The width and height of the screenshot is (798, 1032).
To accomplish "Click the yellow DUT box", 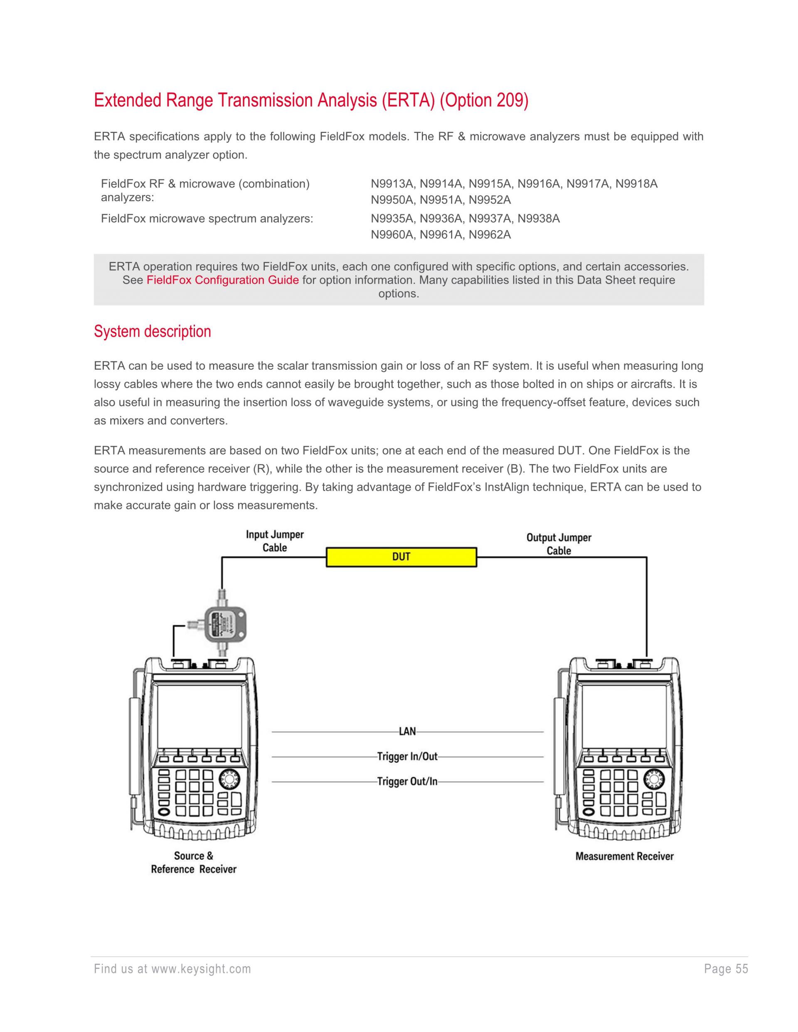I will pos(401,557).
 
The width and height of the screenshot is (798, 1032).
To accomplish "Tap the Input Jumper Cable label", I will pos(275,541).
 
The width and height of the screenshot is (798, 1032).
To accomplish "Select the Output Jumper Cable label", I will pos(559,544).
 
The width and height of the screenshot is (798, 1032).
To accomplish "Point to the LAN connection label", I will pos(407,732).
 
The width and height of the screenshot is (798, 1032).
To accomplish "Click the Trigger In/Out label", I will pos(407,757).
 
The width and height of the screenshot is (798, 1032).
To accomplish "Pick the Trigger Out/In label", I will pos(407,781).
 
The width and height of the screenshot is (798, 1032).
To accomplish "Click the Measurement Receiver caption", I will pos(624,856).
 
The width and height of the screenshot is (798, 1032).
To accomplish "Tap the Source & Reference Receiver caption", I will pos(193,862).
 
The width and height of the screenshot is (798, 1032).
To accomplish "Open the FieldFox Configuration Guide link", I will pos(222,280).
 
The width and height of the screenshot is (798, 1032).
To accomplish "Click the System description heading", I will pos(152,331).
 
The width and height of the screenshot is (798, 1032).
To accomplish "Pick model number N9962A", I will pos(490,235).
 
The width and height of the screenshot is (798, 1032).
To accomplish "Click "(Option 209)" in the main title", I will pos(484,100).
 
